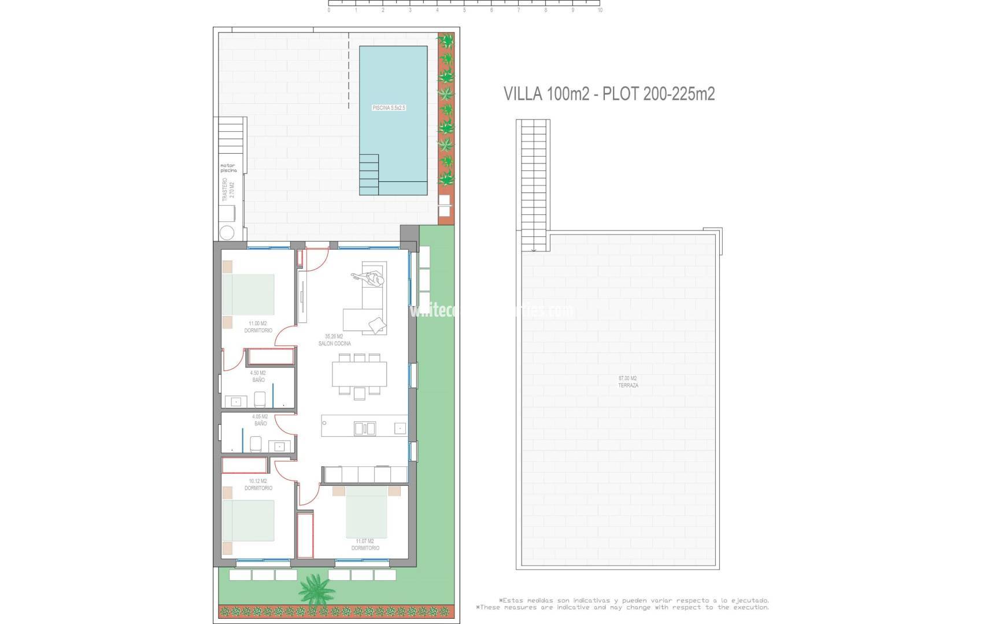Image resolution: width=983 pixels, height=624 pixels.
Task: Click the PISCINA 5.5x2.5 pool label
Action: pyautogui.click(x=389, y=108)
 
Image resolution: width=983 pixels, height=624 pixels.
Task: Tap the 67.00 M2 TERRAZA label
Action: pyautogui.click(x=628, y=382)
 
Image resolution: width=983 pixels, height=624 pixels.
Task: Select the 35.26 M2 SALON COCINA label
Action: pyautogui.click(x=334, y=340)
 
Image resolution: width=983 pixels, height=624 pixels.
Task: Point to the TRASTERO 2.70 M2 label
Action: pyautogui.click(x=228, y=191)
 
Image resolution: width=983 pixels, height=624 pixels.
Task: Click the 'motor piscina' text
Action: pyautogui.click(x=228, y=168)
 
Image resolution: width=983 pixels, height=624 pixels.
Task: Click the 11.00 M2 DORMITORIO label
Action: pyautogui.click(x=258, y=327)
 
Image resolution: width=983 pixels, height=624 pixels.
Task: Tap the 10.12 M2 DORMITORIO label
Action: pyautogui.click(x=258, y=485)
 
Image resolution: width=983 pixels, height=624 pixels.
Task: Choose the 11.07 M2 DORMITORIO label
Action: pyautogui.click(x=365, y=544)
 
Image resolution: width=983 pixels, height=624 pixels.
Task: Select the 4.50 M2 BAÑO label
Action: pyautogui.click(x=258, y=377)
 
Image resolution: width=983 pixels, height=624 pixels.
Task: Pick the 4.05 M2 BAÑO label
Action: pyautogui.click(x=260, y=420)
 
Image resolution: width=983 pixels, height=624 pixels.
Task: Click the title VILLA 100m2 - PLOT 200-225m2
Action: pyautogui.click(x=609, y=94)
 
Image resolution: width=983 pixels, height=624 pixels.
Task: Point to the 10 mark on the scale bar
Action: pyautogui.click(x=600, y=10)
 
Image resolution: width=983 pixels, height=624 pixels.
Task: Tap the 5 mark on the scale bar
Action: pyautogui.click(x=464, y=10)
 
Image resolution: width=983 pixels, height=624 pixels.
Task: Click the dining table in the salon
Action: pyautogui.click(x=359, y=374)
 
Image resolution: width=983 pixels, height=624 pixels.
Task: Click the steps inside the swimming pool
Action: pyautogui.click(x=369, y=174)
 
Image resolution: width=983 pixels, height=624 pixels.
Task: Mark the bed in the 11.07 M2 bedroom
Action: pyautogui.click(x=366, y=512)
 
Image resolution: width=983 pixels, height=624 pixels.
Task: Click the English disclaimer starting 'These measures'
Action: pyautogui.click(x=623, y=607)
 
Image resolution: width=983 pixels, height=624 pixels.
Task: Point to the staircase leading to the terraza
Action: pyautogui.click(x=533, y=185)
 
